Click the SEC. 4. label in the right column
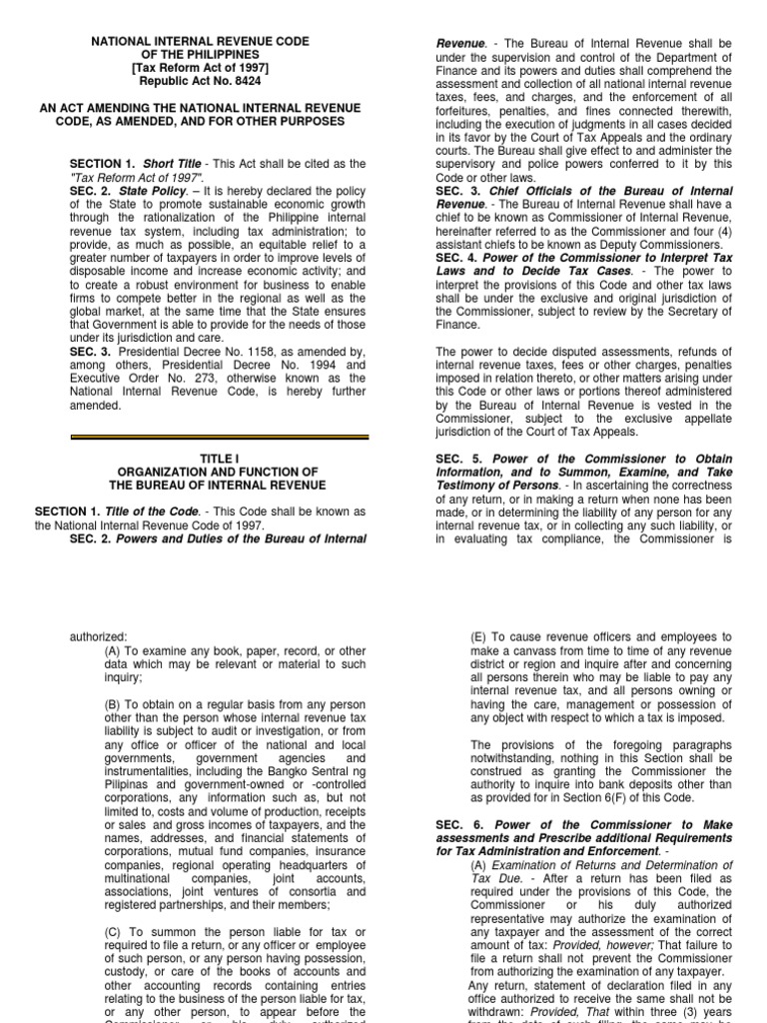pyautogui.click(x=455, y=256)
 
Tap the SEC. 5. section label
pyautogui.click(x=455, y=459)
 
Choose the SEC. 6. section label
pyautogui.click(x=455, y=824)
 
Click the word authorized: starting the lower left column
pyautogui.click(x=98, y=636)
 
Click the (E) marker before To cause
pyautogui.click(x=481, y=636)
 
